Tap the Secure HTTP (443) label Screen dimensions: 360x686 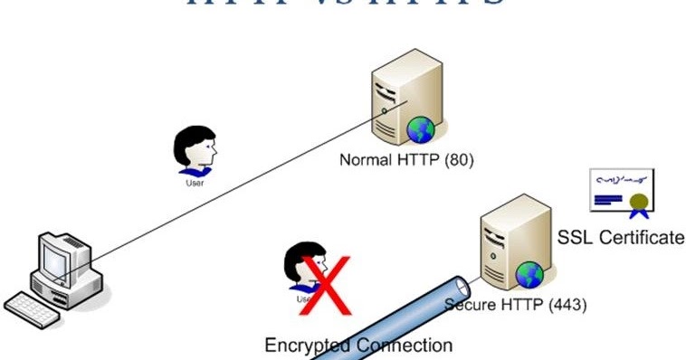click(517, 304)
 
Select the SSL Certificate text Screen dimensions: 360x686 click(621, 238)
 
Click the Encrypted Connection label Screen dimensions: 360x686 click(358, 345)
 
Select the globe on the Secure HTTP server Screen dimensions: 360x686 click(529, 273)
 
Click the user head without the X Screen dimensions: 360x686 click(195, 149)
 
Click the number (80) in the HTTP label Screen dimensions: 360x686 click(458, 160)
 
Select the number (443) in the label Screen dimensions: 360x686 click(567, 304)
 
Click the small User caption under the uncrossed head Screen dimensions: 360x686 click(195, 182)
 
